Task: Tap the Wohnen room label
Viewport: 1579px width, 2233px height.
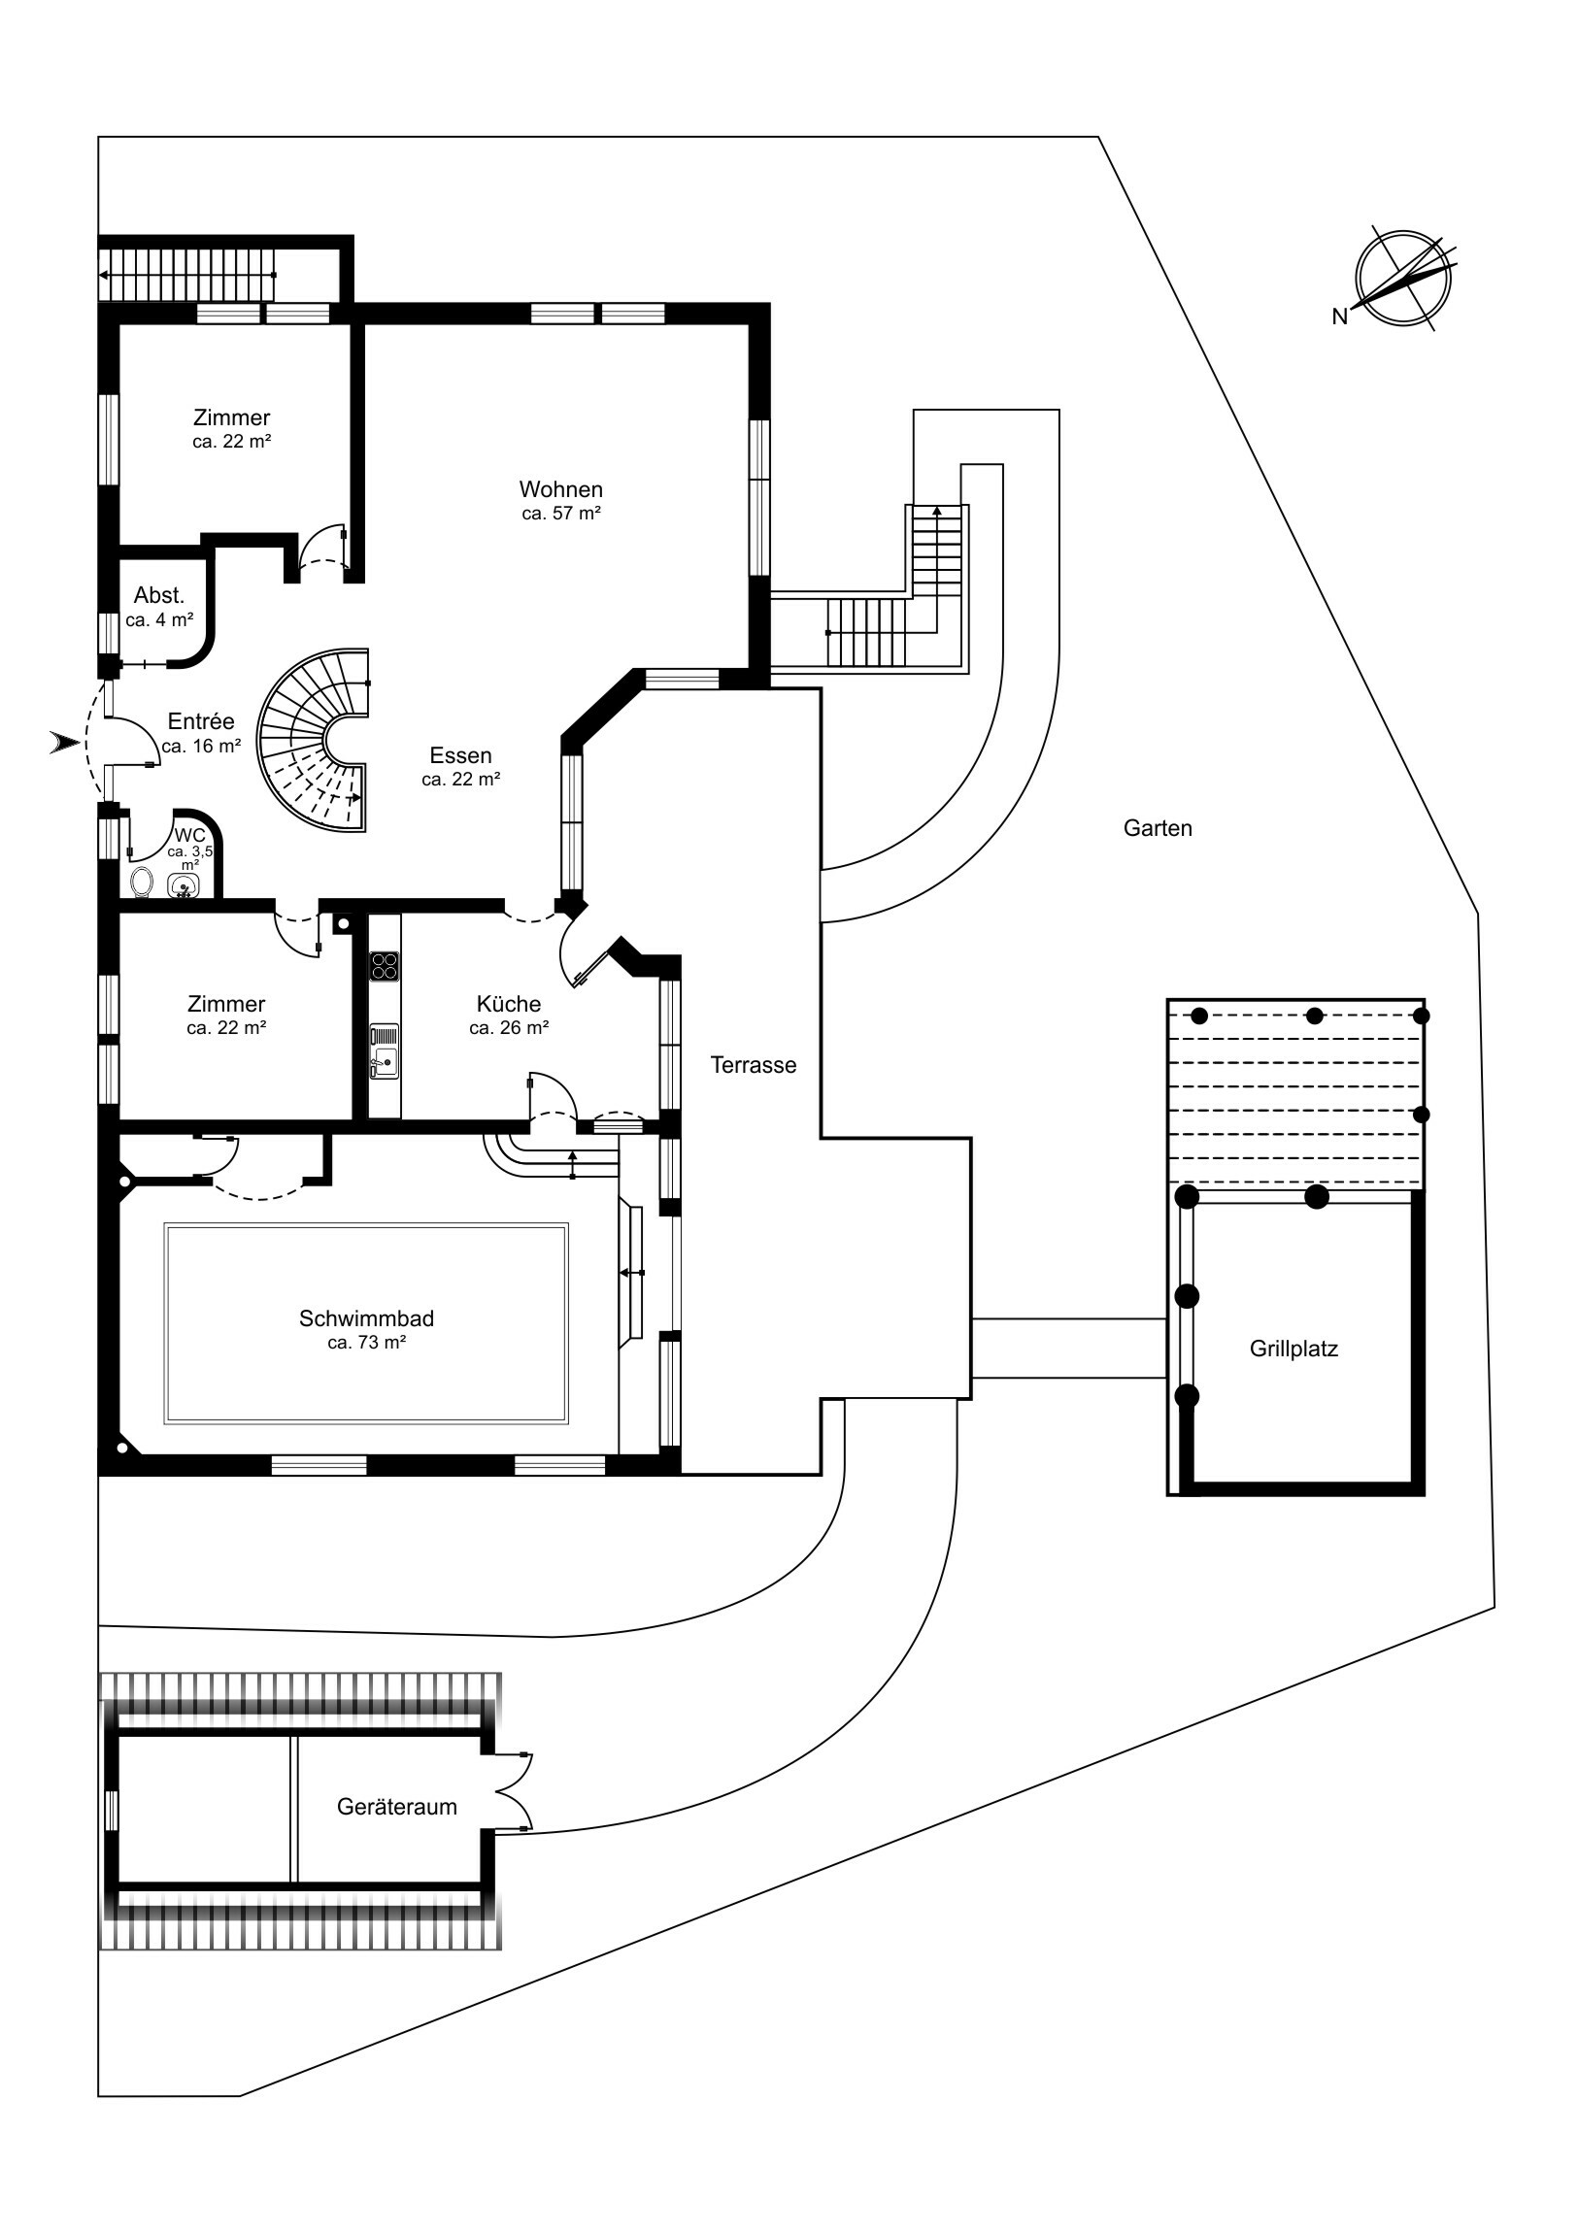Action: (x=560, y=490)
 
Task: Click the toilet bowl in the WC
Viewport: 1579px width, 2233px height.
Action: (x=142, y=883)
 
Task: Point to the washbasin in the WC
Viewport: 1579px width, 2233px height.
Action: (x=184, y=886)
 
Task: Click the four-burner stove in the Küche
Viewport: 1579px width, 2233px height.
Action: (x=385, y=965)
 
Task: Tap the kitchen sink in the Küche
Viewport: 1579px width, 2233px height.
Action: (x=385, y=1051)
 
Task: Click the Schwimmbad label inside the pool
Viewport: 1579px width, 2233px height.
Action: (x=366, y=1318)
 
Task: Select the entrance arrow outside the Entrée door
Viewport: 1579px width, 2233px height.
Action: (x=65, y=744)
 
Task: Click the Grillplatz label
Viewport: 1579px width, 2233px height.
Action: (x=1293, y=1349)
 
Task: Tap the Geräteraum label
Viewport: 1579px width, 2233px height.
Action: (x=396, y=1807)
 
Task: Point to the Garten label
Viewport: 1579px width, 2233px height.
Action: (x=1157, y=828)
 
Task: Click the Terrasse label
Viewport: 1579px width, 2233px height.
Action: (x=753, y=1065)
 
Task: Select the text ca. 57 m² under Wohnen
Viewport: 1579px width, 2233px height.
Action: (x=560, y=515)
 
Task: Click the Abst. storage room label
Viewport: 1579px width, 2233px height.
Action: (x=158, y=596)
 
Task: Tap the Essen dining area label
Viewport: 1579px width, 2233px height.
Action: (x=460, y=755)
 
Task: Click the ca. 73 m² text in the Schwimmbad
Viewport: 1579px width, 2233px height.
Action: (x=366, y=1343)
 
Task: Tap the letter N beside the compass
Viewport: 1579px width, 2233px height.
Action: (x=1340, y=317)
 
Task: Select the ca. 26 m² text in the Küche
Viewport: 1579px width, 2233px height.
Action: (x=509, y=1028)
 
